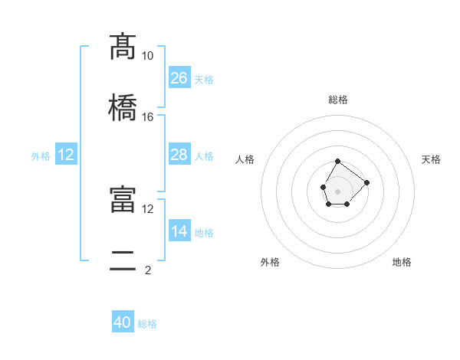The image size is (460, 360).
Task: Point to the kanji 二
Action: click(x=123, y=260)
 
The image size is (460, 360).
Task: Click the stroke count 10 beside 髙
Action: click(x=147, y=56)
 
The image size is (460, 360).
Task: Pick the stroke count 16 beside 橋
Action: click(x=147, y=116)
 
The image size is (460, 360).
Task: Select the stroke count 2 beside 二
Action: click(x=147, y=270)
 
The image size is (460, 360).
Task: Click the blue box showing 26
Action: click(x=179, y=77)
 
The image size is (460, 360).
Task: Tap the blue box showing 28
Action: click(x=179, y=155)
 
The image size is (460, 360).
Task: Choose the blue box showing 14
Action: click(x=179, y=231)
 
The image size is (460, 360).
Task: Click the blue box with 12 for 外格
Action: click(x=66, y=155)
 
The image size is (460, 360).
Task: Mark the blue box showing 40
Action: click(x=123, y=322)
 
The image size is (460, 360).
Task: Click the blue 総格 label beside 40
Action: click(x=147, y=324)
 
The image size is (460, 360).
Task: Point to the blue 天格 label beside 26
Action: click(x=204, y=80)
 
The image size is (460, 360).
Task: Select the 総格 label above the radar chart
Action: click(x=338, y=100)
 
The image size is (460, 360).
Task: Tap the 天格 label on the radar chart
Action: click(x=431, y=159)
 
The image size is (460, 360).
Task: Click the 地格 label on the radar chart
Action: click(x=402, y=262)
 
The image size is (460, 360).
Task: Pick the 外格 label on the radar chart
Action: click(x=270, y=262)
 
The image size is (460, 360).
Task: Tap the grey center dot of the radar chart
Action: click(x=337, y=191)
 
